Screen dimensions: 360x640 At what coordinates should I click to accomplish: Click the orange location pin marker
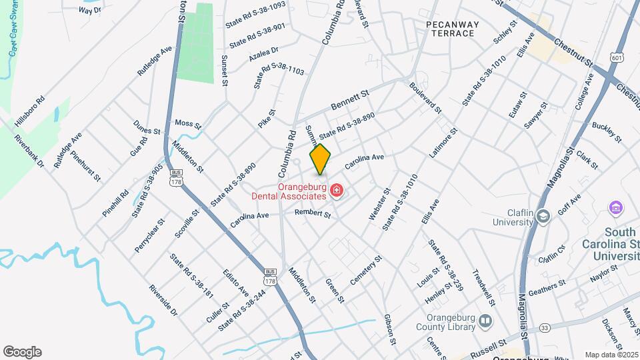[x=321, y=159]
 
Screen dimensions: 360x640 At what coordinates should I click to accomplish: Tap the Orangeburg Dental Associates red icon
[x=337, y=192]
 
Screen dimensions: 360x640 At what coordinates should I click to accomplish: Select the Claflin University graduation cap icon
[x=543, y=216]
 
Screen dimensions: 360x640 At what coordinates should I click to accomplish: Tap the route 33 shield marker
[x=545, y=327]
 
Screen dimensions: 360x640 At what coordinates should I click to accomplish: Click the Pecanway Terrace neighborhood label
[x=453, y=29]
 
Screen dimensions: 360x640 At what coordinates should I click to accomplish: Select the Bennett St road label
[x=350, y=102]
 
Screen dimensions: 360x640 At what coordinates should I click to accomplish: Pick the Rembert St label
[x=313, y=214]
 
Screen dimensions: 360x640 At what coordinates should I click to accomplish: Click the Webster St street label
[x=379, y=205]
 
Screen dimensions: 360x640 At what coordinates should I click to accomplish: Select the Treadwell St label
[x=485, y=283]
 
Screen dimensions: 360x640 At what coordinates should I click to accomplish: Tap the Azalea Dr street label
[x=263, y=55]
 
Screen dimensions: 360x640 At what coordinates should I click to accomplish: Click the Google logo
[x=22, y=352]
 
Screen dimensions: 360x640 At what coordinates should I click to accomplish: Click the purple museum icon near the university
[x=615, y=209]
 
